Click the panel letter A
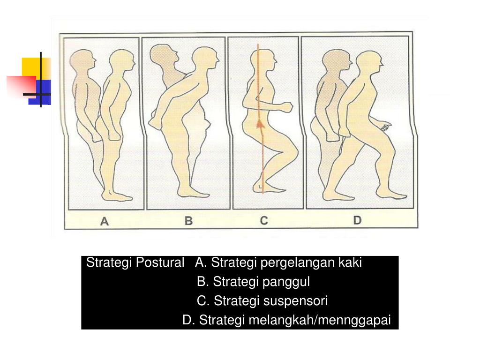point(105,221)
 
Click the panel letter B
point(188,221)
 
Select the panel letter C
point(264,220)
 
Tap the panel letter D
point(357,220)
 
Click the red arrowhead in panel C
point(260,123)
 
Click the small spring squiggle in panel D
point(386,127)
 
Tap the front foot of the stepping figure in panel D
point(391,193)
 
